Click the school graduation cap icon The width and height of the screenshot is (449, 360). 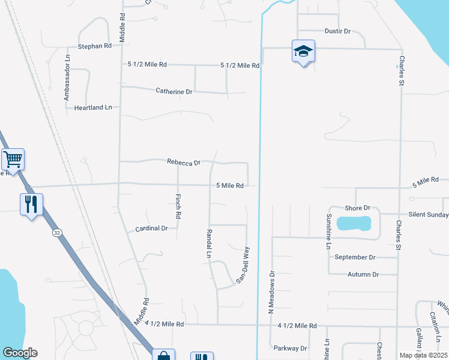coord(303,52)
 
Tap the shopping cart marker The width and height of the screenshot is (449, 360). coord(13,160)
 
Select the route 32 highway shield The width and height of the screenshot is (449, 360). coord(56,233)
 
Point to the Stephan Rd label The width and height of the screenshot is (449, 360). coord(95,46)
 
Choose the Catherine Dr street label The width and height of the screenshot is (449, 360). coord(174,92)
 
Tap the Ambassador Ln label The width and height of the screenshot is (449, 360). coord(67,77)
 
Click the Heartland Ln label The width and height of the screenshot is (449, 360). coord(93,107)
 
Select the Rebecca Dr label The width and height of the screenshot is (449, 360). coord(184,162)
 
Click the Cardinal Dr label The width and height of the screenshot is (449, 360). coord(151,229)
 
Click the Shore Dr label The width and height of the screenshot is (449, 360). coord(357,208)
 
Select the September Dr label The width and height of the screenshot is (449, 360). coord(355,257)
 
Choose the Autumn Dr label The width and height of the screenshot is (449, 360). coord(363,274)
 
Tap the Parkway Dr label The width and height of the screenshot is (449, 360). coord(290,348)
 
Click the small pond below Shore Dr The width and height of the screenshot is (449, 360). coord(354,224)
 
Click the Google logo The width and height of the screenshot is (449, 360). coord(20,353)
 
